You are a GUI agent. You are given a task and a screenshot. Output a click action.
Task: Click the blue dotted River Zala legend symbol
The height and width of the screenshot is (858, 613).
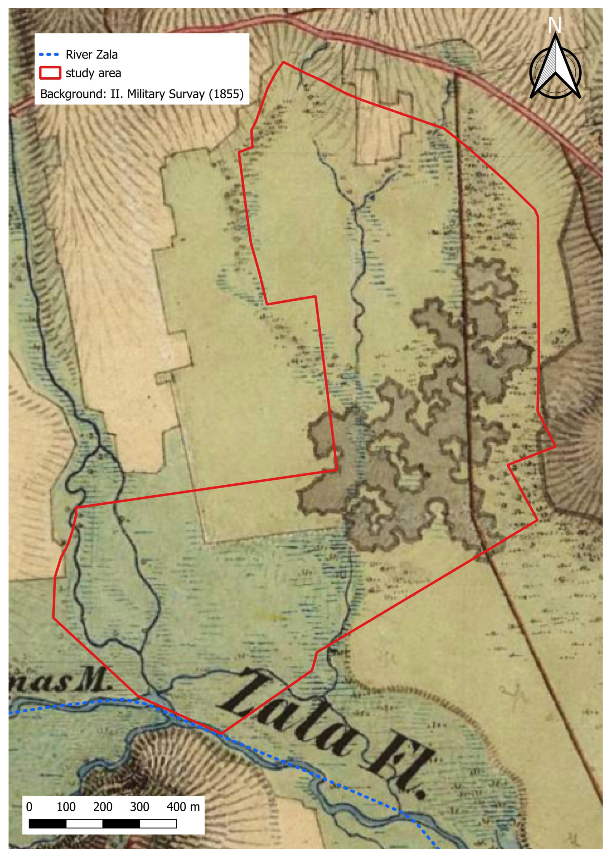click(x=49, y=55)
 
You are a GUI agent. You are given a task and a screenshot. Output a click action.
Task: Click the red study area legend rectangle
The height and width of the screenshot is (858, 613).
click(x=50, y=73)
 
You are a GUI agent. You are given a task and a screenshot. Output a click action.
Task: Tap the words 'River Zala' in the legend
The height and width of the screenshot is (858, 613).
click(x=92, y=55)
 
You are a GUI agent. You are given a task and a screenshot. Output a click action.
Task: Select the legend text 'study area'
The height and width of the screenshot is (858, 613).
click(x=93, y=73)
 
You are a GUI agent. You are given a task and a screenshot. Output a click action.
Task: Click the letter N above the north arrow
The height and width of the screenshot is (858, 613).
click(x=554, y=26)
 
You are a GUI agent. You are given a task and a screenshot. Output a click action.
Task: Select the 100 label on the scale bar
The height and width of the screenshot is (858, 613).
click(x=66, y=807)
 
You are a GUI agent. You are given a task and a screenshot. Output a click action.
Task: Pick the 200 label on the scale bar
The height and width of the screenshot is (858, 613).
click(x=103, y=807)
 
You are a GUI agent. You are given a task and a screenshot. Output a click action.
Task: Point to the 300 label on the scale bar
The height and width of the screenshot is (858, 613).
click(x=139, y=807)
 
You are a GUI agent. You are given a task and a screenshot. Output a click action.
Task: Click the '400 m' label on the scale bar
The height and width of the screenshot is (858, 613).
click(x=183, y=807)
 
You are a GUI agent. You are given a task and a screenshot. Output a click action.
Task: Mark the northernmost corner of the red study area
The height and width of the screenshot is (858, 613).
click(x=283, y=62)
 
